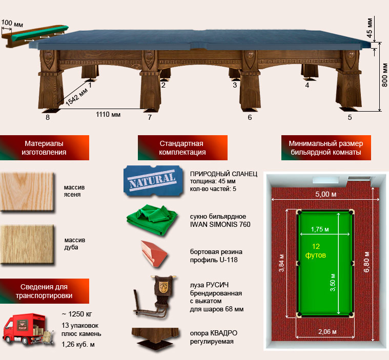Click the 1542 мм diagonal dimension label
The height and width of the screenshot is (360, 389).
[x=77, y=97]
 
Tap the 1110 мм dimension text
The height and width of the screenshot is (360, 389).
[x=108, y=115]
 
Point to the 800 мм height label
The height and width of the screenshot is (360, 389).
[x=384, y=75]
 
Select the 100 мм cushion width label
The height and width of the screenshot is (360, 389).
[x=12, y=24]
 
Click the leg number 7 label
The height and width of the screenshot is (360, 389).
[x=150, y=117]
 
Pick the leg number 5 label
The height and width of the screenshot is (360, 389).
[x=350, y=117]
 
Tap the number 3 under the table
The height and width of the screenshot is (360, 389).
[x=235, y=85]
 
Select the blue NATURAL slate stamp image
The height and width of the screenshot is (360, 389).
[x=153, y=181]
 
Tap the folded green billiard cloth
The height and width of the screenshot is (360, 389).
[x=152, y=219]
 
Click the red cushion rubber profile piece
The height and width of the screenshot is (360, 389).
[x=154, y=253]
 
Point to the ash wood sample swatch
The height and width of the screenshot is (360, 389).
[x=27, y=192]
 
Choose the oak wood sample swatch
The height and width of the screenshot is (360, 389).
[x=27, y=244]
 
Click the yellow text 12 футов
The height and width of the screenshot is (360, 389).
[x=316, y=250]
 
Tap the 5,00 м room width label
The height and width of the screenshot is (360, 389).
[x=326, y=194]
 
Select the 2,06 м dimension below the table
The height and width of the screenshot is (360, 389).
[x=327, y=331]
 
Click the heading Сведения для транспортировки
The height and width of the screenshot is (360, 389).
[x=44, y=291]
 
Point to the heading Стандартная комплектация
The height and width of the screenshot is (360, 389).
[x=182, y=148]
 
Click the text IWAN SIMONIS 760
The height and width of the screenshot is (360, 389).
[x=220, y=224]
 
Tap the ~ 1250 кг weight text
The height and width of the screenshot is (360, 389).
[x=77, y=314]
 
